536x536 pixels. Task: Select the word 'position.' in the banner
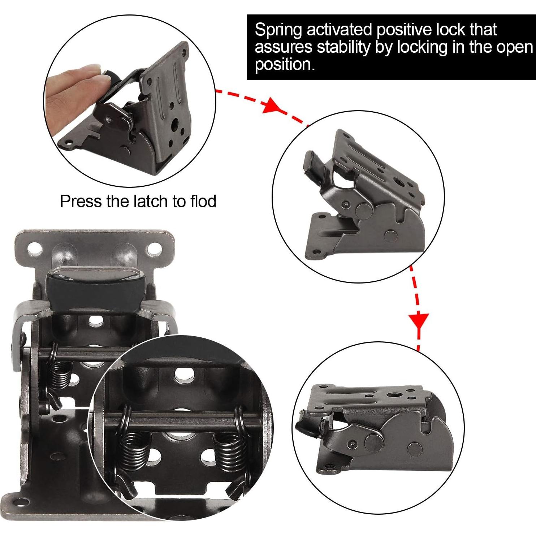click(x=283, y=64)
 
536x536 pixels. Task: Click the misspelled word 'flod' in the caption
click(x=203, y=201)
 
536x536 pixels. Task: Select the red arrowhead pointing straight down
click(x=419, y=321)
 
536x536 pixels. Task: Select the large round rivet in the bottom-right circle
click(x=374, y=441)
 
